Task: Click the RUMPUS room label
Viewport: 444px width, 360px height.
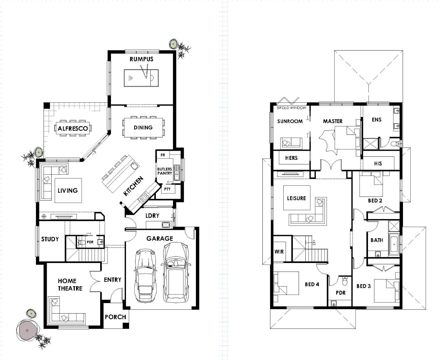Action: point(141,59)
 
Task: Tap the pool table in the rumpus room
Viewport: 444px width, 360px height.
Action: point(141,78)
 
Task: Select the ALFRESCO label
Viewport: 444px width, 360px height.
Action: point(73,128)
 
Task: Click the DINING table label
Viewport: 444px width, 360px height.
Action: point(143,127)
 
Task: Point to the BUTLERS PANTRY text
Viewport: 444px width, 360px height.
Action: point(165,171)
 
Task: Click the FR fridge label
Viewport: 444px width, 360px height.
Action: point(163,155)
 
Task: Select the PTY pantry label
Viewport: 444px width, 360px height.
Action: point(167,189)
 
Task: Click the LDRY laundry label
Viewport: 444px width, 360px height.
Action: point(152,216)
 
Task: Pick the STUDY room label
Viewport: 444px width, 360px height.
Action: point(50,239)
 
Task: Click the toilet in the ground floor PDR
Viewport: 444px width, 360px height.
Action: point(81,242)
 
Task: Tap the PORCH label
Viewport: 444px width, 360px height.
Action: point(115,317)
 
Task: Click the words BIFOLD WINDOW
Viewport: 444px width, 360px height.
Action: point(291,108)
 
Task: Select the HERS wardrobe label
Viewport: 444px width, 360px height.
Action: point(291,158)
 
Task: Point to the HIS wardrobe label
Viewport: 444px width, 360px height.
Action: point(378,163)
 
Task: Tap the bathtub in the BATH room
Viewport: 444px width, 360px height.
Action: point(394,244)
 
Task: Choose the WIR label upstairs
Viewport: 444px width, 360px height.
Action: point(279,252)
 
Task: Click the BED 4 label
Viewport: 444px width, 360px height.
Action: point(312,284)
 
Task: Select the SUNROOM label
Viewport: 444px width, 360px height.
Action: point(290,121)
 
